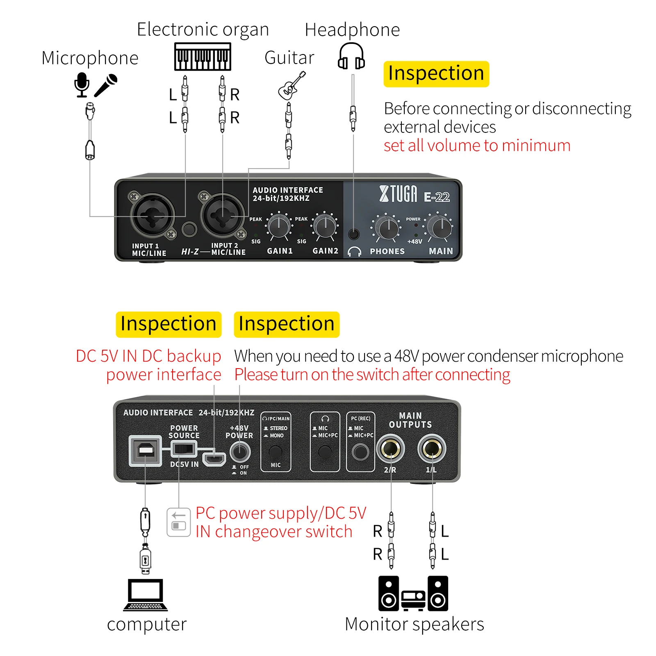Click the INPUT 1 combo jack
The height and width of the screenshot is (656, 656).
(x=153, y=215)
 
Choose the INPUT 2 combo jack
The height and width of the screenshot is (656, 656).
(x=223, y=215)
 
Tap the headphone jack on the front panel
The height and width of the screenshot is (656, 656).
(x=353, y=234)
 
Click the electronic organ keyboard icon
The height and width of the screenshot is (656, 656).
(x=203, y=57)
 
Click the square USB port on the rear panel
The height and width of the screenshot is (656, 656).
(x=145, y=451)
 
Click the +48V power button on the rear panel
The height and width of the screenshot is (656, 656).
(x=240, y=452)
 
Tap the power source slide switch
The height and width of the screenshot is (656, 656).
(x=183, y=449)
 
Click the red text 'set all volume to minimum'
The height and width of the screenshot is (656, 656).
(x=477, y=146)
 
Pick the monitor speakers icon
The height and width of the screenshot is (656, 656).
(x=413, y=593)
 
